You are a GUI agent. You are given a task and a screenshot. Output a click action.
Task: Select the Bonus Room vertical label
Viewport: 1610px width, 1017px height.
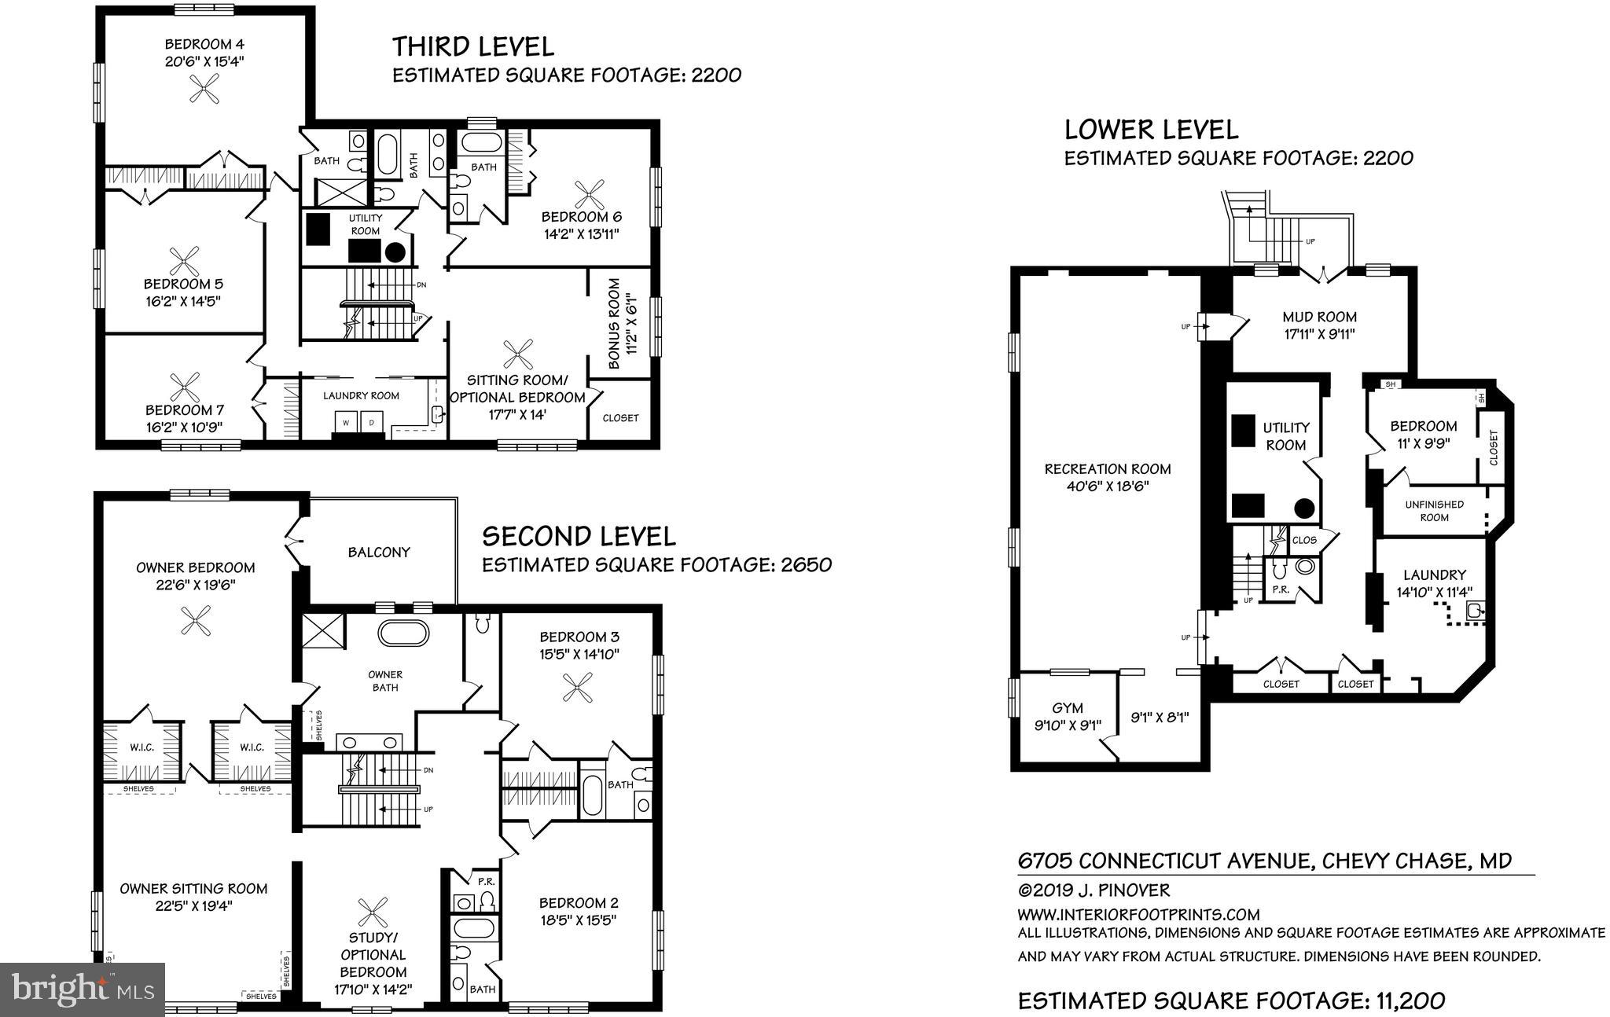615,323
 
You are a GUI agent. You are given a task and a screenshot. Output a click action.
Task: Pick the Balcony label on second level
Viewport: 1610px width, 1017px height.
379,553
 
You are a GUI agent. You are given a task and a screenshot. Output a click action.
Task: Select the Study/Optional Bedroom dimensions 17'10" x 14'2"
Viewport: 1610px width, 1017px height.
373,989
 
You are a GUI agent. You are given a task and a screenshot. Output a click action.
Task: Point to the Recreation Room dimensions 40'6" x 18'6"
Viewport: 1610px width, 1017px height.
1108,486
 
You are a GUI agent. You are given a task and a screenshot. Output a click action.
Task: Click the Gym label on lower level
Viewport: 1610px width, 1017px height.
1068,708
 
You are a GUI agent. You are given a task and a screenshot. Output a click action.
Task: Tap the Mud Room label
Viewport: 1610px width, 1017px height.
1319,318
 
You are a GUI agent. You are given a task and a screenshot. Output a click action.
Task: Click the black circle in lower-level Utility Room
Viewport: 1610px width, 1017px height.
1305,508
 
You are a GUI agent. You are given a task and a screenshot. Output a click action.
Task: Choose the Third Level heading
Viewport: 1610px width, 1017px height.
473,46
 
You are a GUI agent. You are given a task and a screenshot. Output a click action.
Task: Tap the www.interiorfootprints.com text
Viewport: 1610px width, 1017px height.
1138,915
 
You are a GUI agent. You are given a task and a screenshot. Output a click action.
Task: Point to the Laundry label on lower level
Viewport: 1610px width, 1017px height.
1434,575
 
